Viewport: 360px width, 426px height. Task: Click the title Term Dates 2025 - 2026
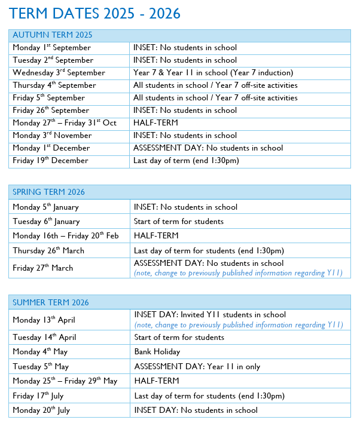pyautogui.click(x=95, y=13)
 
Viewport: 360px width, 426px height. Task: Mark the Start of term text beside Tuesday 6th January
pyautogui.click(x=179, y=222)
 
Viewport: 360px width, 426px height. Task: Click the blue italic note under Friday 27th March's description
pyautogui.click(x=238, y=273)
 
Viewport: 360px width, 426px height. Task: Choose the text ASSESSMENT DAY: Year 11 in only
pyautogui.click(x=197, y=366)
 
